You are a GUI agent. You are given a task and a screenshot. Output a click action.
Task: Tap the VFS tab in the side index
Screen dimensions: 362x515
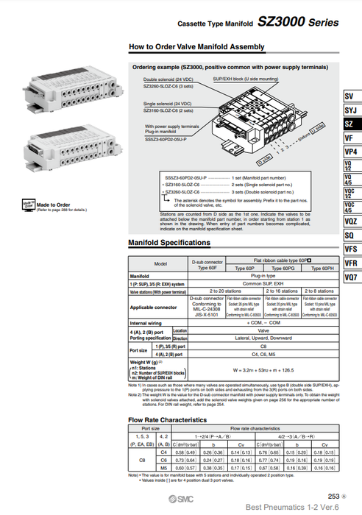[349, 249]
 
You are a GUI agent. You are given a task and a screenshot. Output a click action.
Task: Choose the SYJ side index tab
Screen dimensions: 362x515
[349, 110]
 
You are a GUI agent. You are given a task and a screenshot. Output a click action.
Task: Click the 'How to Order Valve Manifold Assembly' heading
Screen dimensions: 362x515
[196, 47]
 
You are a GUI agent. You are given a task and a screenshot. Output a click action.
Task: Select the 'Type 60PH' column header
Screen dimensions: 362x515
[318, 269]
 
